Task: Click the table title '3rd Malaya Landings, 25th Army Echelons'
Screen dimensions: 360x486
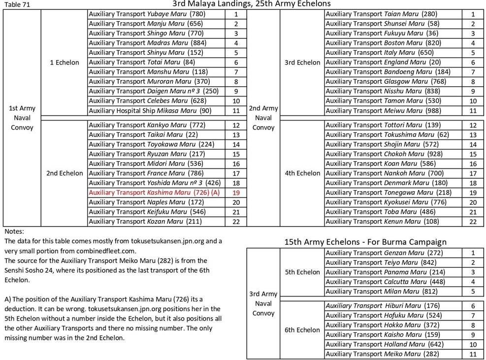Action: pos(251,4)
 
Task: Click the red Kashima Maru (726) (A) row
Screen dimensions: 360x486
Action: pos(154,193)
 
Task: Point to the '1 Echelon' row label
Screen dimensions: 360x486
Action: pos(64,63)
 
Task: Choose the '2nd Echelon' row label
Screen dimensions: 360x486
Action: pos(65,173)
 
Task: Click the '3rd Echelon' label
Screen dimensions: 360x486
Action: pos(302,63)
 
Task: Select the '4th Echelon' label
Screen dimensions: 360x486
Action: pos(302,173)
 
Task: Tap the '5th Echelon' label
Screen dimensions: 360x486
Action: pos(302,272)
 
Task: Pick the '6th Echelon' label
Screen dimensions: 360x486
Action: pos(302,330)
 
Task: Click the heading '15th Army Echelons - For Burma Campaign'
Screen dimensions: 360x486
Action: pos(365,242)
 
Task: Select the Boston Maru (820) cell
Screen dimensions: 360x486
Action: pos(384,43)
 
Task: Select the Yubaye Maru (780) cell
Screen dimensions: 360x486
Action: pos(147,14)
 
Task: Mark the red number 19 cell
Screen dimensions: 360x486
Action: pos(236,193)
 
